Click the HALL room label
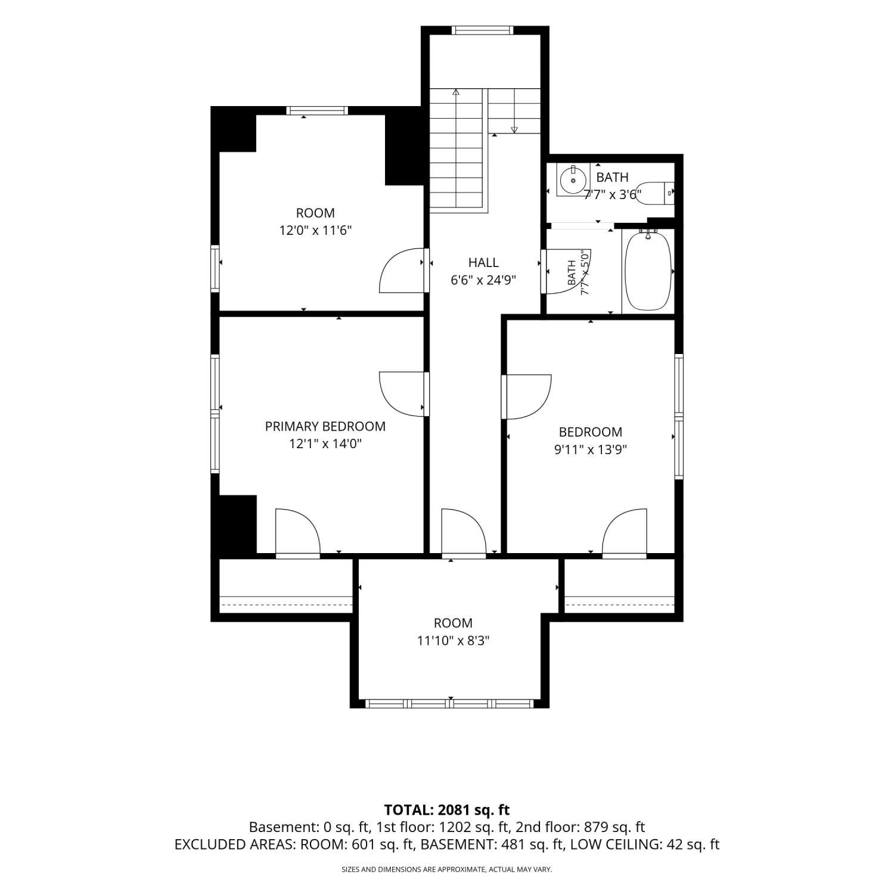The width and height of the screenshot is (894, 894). pos(483,262)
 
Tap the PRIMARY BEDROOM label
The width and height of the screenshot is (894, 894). pos(325,426)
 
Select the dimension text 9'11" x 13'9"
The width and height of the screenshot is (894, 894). pos(590,449)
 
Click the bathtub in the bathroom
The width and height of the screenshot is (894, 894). pos(648,271)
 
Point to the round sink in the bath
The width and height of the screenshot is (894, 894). pos(573,180)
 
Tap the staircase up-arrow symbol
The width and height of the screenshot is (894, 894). pos(456,92)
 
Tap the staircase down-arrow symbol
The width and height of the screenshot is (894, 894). pos(514,130)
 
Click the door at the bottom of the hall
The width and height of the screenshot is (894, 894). pos(464,532)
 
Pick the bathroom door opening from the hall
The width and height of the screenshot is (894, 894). pos(565,271)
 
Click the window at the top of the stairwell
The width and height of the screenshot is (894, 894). pos(482,30)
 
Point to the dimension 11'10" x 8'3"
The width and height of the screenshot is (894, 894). pos(453,641)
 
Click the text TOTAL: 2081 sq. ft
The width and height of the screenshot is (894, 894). pos(447,810)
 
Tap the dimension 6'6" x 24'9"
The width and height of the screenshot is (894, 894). pos(483,280)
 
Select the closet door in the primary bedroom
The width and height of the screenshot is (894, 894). pos(298,532)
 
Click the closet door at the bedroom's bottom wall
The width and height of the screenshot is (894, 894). pos(625,532)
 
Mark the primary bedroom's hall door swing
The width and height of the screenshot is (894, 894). pos(403,394)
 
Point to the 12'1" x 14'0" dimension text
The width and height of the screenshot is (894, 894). pos(325,443)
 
